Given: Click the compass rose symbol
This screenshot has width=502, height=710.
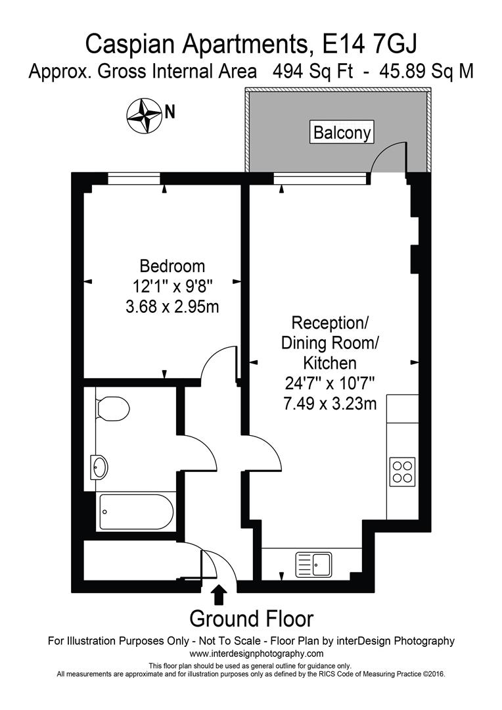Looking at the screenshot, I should coord(144,114).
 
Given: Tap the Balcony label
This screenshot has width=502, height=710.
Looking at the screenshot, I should coord(342,133).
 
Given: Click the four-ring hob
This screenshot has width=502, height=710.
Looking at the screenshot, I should coord(401,471).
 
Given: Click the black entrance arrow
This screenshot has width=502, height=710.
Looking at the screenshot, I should coord(219,594).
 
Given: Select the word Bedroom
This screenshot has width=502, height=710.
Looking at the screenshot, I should coord(172,266).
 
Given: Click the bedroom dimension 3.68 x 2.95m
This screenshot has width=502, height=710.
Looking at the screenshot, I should coord(172,306).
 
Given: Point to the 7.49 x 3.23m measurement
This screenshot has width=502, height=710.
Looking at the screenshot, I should coord(330,404).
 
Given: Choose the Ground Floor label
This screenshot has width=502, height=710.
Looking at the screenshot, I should coord(251,619).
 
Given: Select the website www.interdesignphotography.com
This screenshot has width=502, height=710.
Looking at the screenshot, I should coord(256,653).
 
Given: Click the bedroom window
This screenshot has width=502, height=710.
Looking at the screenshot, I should coord(134,176).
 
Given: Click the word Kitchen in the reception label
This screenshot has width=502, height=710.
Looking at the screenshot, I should coord(330,363).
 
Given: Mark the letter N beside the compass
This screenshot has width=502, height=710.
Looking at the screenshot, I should coord(170,112).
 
